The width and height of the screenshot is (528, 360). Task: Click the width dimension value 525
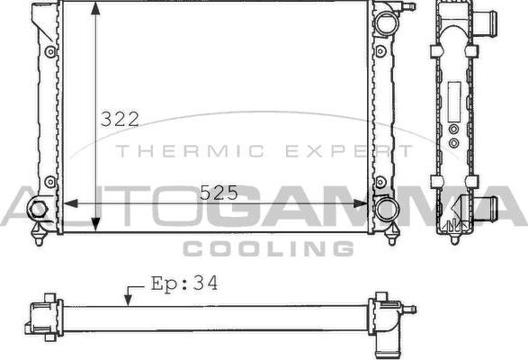218,192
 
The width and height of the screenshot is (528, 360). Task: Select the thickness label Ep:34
183,283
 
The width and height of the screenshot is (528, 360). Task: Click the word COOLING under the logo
267,248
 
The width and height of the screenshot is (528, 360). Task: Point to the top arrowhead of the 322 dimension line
95,9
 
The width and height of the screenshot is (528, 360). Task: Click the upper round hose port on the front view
385,23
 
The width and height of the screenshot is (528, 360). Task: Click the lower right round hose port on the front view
387,209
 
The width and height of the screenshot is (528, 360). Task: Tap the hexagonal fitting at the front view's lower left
38,210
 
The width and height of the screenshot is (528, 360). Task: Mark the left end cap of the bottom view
40,316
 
